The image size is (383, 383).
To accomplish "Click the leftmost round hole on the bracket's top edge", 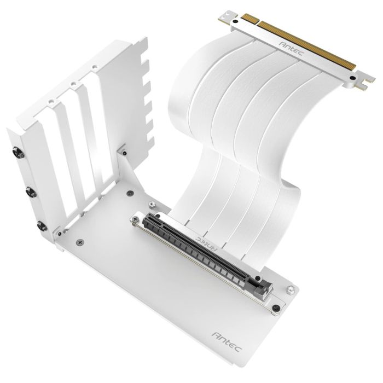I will coord(50,102).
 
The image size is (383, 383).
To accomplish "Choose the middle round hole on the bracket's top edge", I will coord(72,85).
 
